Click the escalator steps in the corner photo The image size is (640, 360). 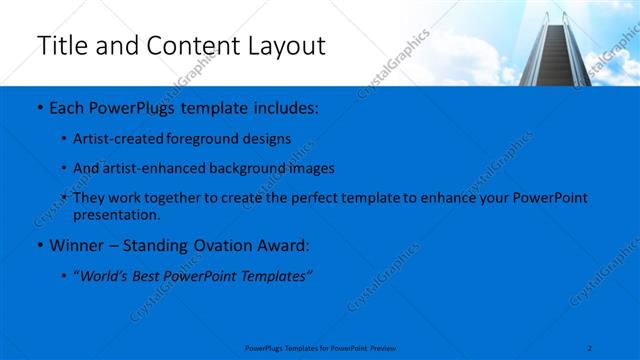[551, 50]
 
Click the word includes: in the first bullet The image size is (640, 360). [286, 106]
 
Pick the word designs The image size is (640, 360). [267, 138]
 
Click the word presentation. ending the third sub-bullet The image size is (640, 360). [116, 214]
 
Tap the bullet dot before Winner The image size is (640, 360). [38, 245]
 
